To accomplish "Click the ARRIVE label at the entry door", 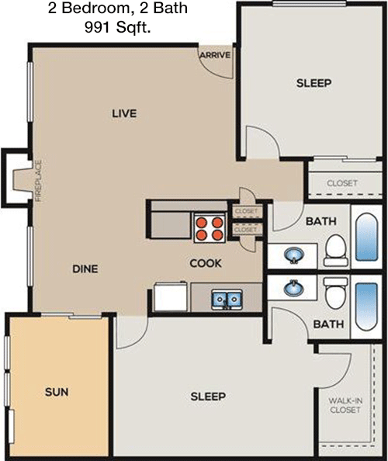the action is tap(215, 55).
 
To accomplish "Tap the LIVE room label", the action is tap(124, 113).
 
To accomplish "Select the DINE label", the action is tap(85, 269).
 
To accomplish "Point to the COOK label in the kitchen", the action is tap(206, 263).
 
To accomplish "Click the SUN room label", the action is tap(57, 392).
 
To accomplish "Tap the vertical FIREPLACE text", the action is tap(39, 181).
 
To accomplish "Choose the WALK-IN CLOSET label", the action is tap(345, 405).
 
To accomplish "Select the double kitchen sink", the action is tap(227, 300).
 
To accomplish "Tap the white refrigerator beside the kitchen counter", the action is tap(171, 296).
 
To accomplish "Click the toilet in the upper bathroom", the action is tap(336, 251).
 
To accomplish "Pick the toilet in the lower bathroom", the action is tap(336, 293).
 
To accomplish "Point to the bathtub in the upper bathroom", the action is tap(366, 237).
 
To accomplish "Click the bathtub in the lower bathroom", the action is tap(366, 307).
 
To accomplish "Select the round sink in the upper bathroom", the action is tap(294, 255).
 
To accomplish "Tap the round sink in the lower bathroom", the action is tap(293, 288).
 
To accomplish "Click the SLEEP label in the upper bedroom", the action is tap(314, 83).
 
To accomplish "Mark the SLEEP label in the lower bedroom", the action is tap(208, 397).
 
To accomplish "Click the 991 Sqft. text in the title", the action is tap(118, 27).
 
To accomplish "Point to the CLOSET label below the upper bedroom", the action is tap(342, 183).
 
